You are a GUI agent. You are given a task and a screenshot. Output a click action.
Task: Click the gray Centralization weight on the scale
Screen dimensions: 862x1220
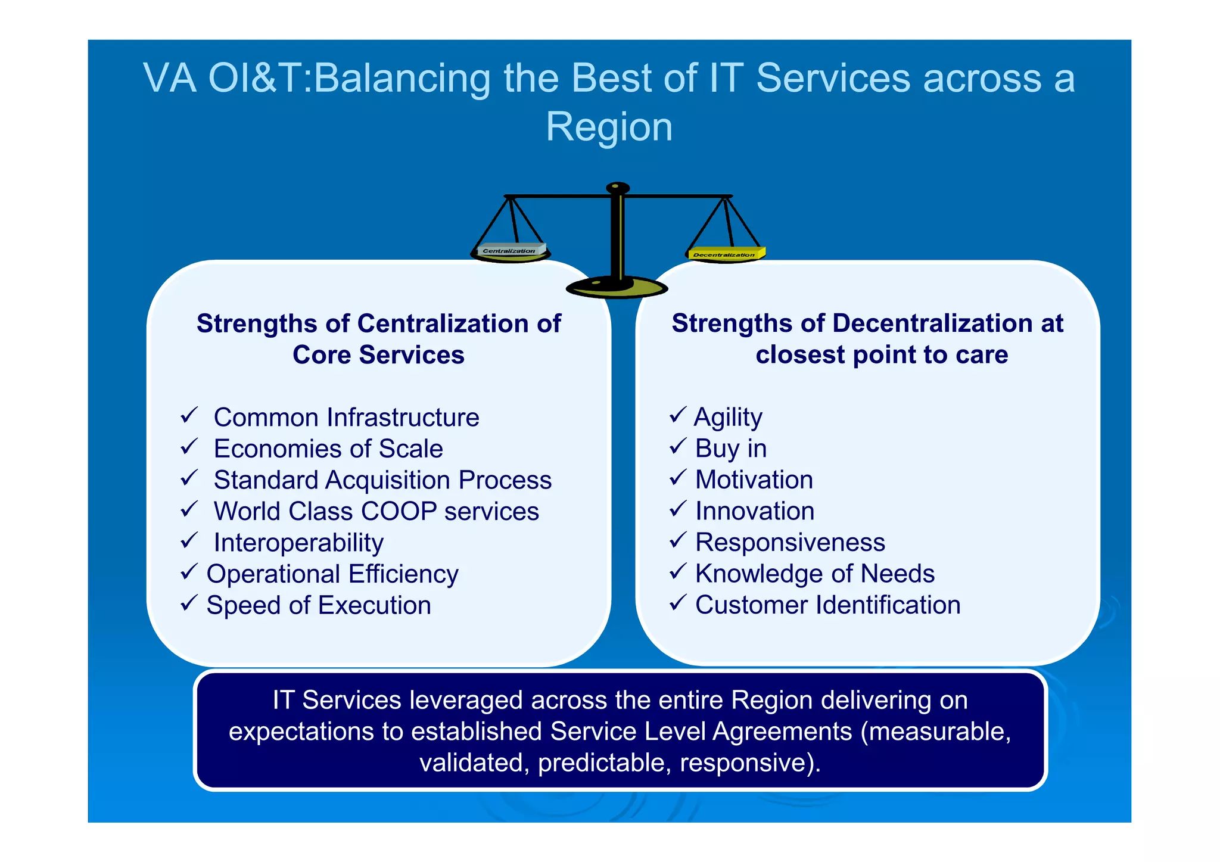click(x=511, y=250)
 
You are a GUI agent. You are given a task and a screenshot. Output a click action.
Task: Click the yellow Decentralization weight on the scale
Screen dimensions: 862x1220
click(x=725, y=254)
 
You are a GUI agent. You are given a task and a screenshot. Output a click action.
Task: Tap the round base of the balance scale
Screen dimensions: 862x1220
click(x=617, y=288)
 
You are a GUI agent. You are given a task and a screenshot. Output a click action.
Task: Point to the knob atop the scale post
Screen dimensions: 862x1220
click(x=618, y=188)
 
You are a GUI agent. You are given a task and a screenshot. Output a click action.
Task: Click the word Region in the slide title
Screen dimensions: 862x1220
click(x=609, y=127)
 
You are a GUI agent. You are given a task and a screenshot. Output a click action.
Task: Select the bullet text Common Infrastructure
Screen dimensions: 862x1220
click(x=346, y=417)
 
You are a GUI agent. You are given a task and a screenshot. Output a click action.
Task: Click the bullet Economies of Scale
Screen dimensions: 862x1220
click(x=328, y=449)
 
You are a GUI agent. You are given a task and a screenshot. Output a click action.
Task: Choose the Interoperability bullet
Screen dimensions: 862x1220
click(x=298, y=543)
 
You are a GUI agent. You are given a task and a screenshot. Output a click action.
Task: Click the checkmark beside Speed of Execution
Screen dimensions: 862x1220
click(x=188, y=603)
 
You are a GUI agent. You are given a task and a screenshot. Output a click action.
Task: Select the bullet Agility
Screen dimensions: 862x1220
click(x=728, y=417)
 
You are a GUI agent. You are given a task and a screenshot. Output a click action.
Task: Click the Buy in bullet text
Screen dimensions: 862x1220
click(x=730, y=449)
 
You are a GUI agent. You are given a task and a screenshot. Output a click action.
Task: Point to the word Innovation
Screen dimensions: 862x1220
click(x=754, y=511)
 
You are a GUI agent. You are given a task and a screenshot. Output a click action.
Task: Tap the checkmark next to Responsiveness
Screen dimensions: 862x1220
click(x=677, y=540)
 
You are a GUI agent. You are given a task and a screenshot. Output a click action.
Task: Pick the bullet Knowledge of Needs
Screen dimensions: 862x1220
click(x=814, y=574)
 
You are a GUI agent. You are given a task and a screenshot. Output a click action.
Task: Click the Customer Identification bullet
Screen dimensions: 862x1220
click(x=827, y=605)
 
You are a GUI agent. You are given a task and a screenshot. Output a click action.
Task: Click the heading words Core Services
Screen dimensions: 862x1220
click(x=378, y=355)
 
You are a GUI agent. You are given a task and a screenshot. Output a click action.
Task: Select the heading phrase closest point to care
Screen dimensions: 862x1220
click(x=882, y=355)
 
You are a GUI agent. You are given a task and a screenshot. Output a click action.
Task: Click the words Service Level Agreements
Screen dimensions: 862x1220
click(x=701, y=731)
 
